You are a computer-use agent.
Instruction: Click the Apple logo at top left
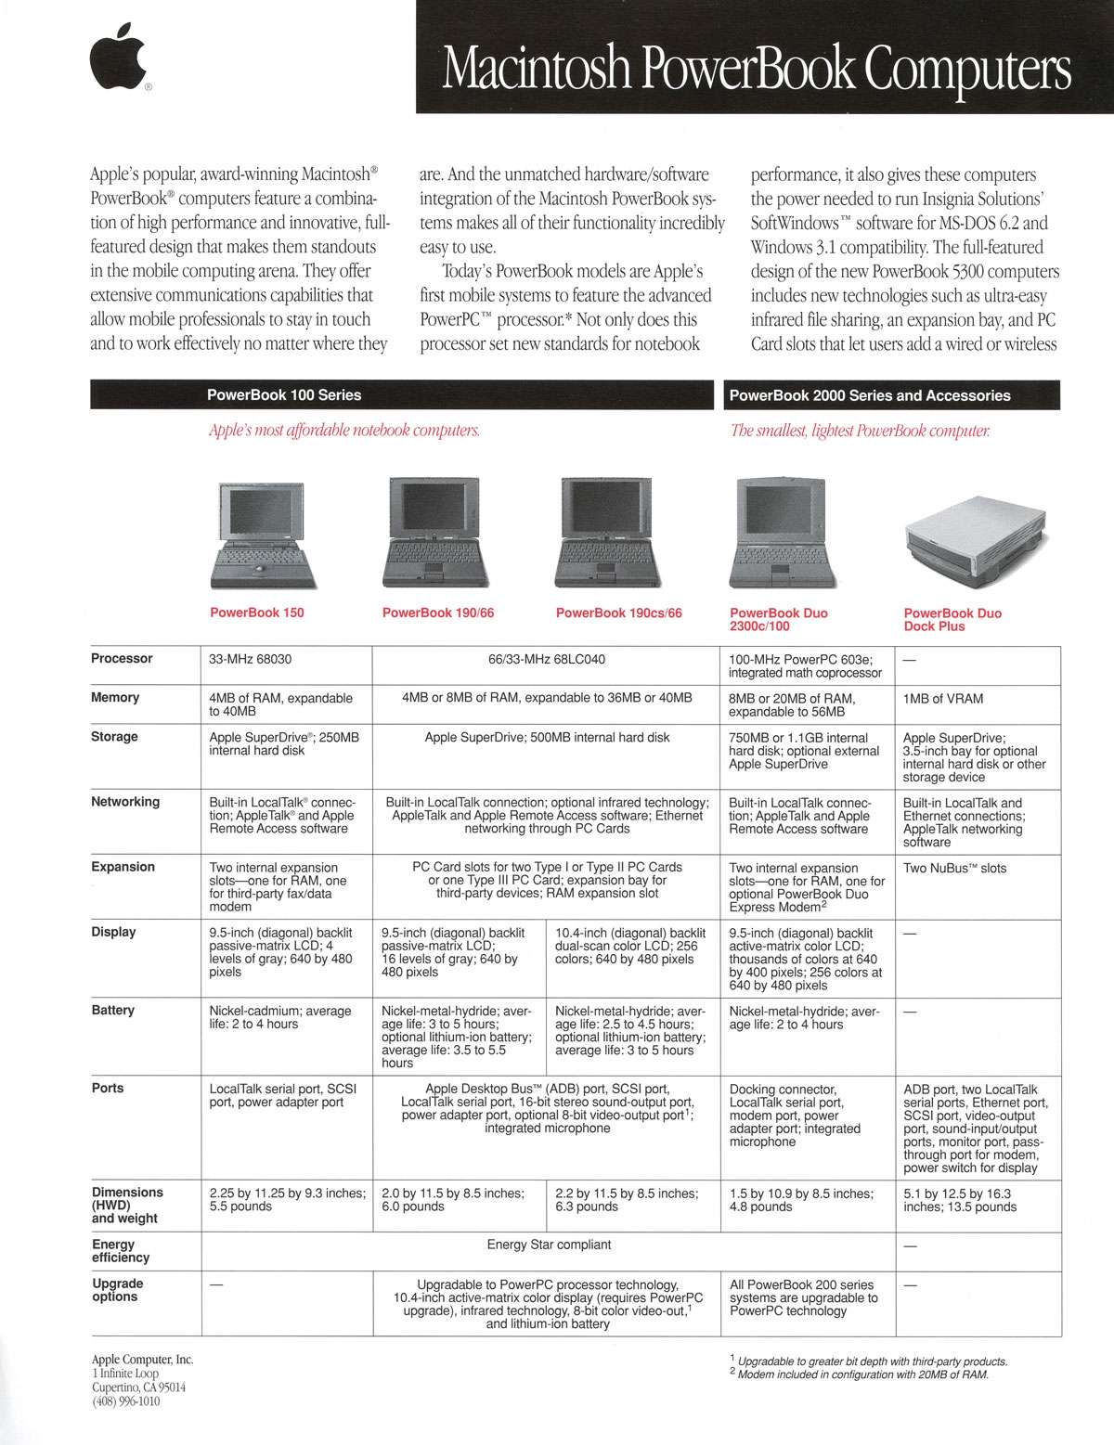tap(118, 58)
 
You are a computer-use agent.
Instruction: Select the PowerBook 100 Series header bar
tap(284, 395)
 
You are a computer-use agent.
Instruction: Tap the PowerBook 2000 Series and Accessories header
tap(870, 395)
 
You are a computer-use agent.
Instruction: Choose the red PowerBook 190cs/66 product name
tap(618, 613)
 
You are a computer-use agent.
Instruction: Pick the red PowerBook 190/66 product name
tap(438, 613)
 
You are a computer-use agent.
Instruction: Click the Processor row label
tap(122, 659)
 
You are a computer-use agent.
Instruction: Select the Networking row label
tap(125, 802)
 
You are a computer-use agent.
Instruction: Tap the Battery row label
tap(113, 1010)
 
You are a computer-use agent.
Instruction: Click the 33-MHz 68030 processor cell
tap(251, 659)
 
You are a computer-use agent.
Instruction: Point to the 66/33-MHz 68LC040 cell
tap(547, 659)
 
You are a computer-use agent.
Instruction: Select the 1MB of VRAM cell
tap(943, 699)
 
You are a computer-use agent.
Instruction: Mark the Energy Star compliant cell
tap(549, 1245)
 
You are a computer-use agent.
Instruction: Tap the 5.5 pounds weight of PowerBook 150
tap(241, 1206)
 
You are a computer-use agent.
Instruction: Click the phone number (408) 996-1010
tap(125, 1401)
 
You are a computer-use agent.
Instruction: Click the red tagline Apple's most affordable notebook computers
tap(344, 431)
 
